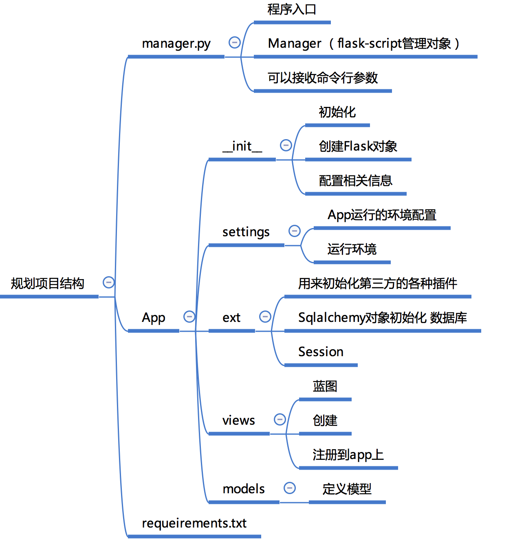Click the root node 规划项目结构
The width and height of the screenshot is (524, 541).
[47, 283]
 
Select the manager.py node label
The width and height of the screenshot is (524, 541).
[176, 43]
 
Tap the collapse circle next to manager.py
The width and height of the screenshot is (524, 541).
[234, 42]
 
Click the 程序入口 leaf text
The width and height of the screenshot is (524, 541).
[292, 9]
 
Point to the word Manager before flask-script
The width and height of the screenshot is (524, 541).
[294, 43]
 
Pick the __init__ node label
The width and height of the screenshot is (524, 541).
[242, 146]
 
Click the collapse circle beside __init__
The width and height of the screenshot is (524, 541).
[286, 145]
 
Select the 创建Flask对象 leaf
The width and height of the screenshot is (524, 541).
[358, 146]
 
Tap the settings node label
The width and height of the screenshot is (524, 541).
[246, 232]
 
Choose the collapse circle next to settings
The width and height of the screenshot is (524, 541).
[294, 231]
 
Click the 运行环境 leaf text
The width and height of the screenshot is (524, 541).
[352, 249]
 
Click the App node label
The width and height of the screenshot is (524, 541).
[153, 317]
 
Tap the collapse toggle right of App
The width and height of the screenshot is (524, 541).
[189, 317]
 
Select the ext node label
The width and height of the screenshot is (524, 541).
[231, 317]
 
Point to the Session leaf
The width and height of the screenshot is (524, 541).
[321, 352]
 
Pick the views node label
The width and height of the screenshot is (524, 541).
[238, 420]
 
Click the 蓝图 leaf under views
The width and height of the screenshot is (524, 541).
[325, 386]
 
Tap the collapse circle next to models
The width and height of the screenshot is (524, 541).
[289, 488]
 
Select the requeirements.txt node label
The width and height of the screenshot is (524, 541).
[194, 523]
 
